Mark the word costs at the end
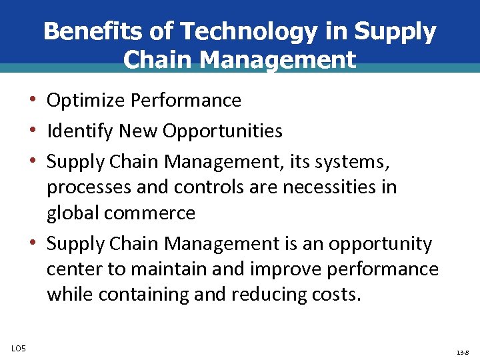336,295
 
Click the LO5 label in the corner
19,347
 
